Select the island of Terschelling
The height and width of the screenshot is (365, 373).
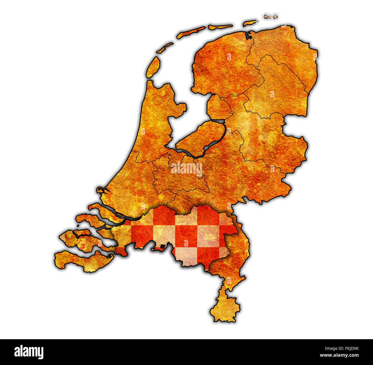(x=191, y=32)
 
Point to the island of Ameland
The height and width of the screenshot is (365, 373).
(x=220, y=27)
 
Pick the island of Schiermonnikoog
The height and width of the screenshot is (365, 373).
(x=250, y=22)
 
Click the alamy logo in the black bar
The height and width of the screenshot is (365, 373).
(x=29, y=352)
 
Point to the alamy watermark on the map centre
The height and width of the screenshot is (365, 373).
(x=187, y=169)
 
